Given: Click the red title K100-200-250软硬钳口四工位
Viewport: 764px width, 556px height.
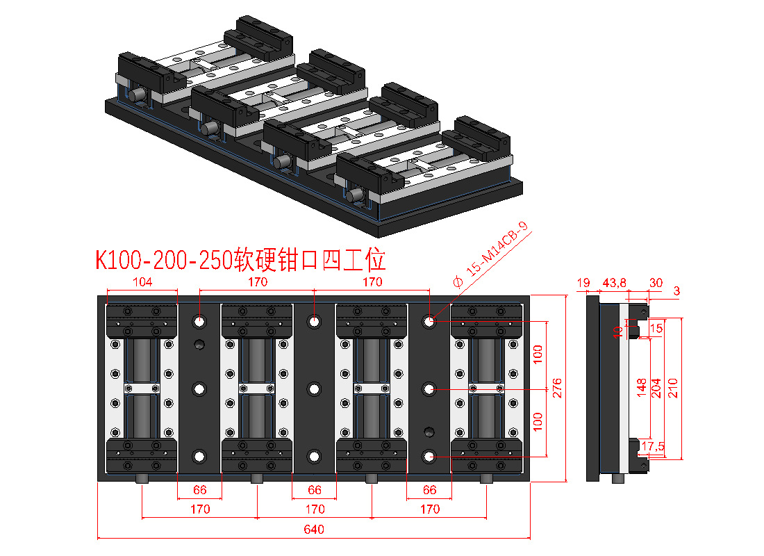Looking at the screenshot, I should [x=240, y=260].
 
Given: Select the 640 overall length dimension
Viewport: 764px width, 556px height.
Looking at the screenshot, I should [x=314, y=530].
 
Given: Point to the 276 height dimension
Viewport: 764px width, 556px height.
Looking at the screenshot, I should [x=556, y=389].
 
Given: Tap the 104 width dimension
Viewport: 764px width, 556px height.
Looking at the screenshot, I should [x=142, y=282].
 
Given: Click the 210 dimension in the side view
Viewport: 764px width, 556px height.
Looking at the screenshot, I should [x=672, y=388].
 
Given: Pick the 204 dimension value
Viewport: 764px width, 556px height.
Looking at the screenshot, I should [x=656, y=388].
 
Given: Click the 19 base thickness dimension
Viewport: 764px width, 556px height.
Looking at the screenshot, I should [x=583, y=283].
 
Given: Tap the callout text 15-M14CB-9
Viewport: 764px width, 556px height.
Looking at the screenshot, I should [x=497, y=251].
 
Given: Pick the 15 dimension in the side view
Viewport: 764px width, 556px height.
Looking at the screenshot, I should [x=656, y=327].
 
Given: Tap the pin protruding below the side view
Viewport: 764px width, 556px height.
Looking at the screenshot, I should [x=616, y=480].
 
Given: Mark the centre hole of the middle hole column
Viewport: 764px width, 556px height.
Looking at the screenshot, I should [x=315, y=389].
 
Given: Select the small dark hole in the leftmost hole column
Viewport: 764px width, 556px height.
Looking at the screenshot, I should [x=200, y=345].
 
